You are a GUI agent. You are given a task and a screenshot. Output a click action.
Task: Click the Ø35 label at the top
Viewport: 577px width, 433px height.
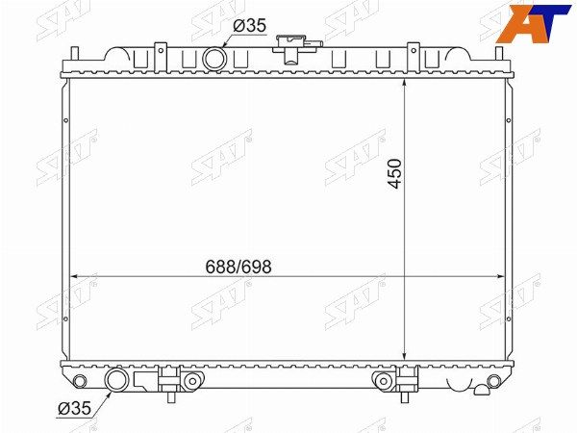[x=249, y=26]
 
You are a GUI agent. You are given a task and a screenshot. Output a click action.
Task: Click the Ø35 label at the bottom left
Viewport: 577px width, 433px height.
[x=74, y=408]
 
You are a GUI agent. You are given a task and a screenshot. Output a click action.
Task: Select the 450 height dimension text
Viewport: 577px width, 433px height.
[x=395, y=173]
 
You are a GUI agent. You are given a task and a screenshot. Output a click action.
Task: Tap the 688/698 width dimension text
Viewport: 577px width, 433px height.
[x=238, y=267]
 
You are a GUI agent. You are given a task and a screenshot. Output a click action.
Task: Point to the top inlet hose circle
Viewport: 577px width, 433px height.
[x=214, y=59]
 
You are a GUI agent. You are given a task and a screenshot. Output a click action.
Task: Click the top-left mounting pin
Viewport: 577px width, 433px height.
[x=75, y=53]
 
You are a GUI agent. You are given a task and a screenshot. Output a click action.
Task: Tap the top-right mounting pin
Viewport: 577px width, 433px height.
[x=499, y=53]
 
